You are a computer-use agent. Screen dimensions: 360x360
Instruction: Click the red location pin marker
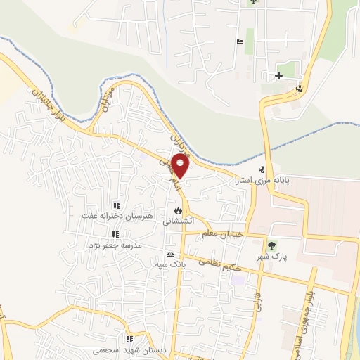pyautogui.click(x=181, y=165)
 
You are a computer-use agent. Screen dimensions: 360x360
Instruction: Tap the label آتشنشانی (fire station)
pyautogui.click(x=177, y=221)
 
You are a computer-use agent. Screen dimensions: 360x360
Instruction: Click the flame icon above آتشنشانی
pyautogui.click(x=178, y=210)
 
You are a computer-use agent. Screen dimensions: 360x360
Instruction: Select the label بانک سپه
pyautogui.click(x=169, y=264)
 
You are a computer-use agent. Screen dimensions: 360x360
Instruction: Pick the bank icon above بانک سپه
pyautogui.click(x=169, y=254)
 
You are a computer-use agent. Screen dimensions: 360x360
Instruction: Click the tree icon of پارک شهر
pyautogui.click(x=271, y=245)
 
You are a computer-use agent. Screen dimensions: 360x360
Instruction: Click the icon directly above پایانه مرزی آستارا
pyautogui.click(x=262, y=169)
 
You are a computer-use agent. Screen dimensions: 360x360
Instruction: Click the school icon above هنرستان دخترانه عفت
pyautogui.click(x=116, y=205)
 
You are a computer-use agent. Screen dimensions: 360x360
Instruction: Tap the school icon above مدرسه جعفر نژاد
pyautogui.click(x=114, y=235)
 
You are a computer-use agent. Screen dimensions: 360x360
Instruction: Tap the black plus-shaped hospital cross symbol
pyautogui.click(x=279, y=75)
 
